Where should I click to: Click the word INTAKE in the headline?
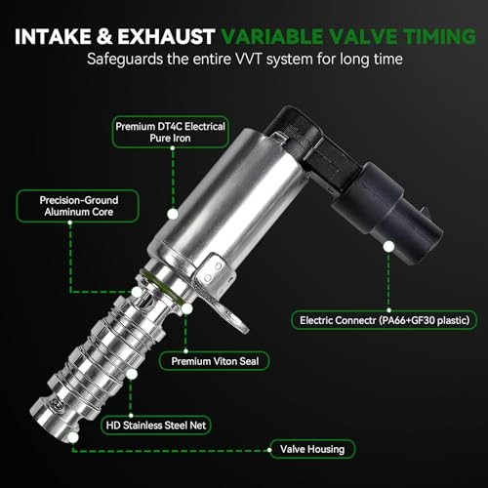tap(53, 36)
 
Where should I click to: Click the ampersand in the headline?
tap(104, 36)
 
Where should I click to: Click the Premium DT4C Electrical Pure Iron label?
tap(171, 132)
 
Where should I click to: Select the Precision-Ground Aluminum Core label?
tap(78, 206)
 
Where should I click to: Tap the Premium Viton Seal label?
tap(215, 361)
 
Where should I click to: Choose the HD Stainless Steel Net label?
tap(156, 426)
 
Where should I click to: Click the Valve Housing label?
tap(312, 449)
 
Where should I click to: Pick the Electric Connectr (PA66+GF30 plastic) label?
tap(385, 320)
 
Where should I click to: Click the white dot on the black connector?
tap(388, 247)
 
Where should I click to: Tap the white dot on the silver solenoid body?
tap(173, 214)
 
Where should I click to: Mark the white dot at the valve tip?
tap(73, 437)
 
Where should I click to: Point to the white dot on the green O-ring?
tap(186, 308)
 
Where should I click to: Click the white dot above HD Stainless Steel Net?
tap(132, 375)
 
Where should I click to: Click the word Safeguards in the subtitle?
tap(125, 60)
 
